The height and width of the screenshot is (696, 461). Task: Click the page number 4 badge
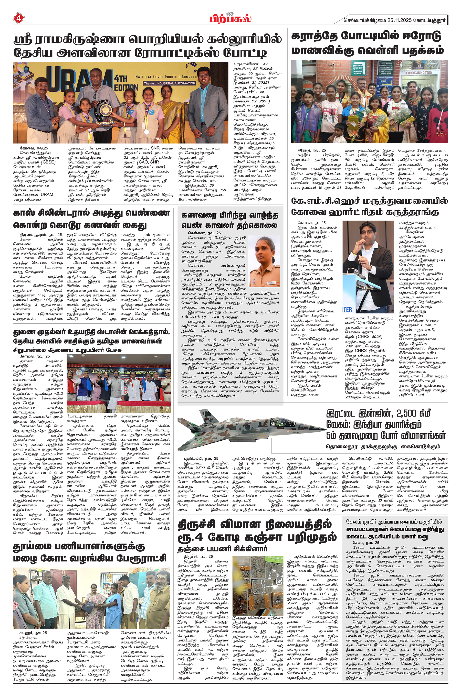click(18, 18)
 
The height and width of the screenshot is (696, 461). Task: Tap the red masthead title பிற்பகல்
click(230, 19)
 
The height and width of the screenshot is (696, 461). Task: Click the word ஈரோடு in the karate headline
click(420, 36)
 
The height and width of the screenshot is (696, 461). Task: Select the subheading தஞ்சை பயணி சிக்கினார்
click(222, 548)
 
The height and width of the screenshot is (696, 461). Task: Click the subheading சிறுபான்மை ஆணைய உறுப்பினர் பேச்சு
click(67, 350)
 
